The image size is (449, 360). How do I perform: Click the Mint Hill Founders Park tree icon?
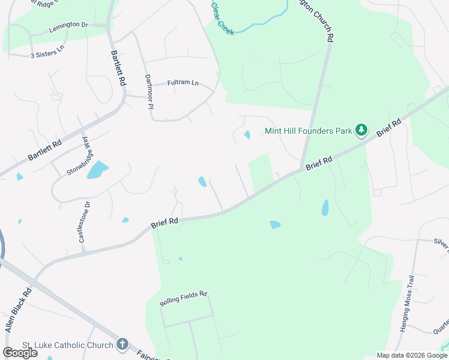[361, 130]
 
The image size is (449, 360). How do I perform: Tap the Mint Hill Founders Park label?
[309, 130]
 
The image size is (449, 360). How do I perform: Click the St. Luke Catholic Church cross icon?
[122, 344]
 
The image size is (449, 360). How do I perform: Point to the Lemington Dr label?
[68, 25]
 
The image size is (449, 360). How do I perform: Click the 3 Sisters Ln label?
[47, 55]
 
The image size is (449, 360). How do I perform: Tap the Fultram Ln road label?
[182, 82]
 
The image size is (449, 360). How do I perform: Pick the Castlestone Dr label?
[85, 222]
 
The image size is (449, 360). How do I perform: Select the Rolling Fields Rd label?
[183, 299]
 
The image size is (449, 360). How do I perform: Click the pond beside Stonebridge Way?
[97, 170]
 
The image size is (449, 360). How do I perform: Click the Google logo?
[20, 353]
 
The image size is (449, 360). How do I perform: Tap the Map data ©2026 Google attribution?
[412, 355]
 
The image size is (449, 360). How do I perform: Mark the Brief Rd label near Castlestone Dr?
[165, 222]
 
